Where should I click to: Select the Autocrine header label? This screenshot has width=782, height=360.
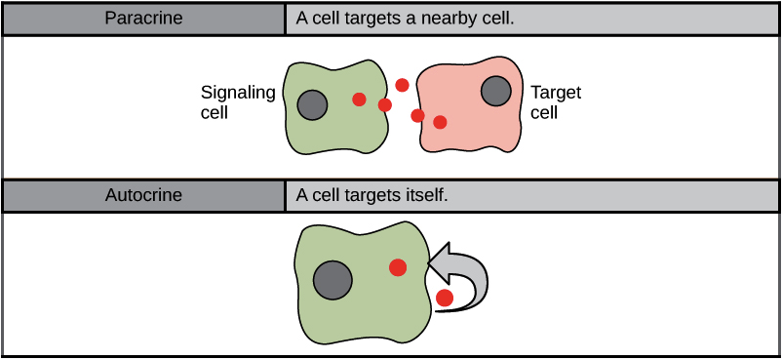click(143, 194)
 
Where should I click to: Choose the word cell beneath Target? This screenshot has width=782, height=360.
click(543, 112)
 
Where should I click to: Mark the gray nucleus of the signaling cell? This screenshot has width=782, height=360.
click(312, 104)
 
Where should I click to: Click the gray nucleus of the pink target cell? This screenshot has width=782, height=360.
click(496, 92)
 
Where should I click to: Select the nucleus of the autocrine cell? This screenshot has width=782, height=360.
click(332, 281)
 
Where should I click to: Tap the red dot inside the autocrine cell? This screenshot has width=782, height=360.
click(398, 267)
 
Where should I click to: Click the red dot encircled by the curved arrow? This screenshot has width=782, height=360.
click(445, 298)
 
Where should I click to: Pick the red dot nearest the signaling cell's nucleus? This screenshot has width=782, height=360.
click(359, 99)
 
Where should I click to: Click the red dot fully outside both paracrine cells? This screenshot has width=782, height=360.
click(402, 84)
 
